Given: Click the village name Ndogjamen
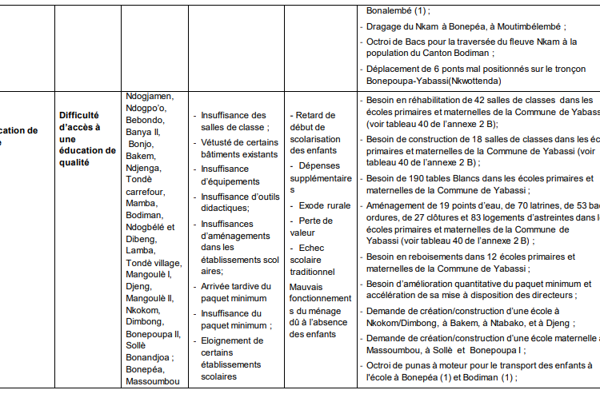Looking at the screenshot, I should pos(150,97).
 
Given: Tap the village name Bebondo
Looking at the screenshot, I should pos(145,120).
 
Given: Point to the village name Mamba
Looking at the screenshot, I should pos(142,204).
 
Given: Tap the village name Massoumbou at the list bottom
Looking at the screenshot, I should pos(152,382).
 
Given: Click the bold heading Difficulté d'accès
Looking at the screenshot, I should pos(79,114).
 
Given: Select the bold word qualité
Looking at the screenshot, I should pos(74,162).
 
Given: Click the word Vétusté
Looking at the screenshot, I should pos(218,142).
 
